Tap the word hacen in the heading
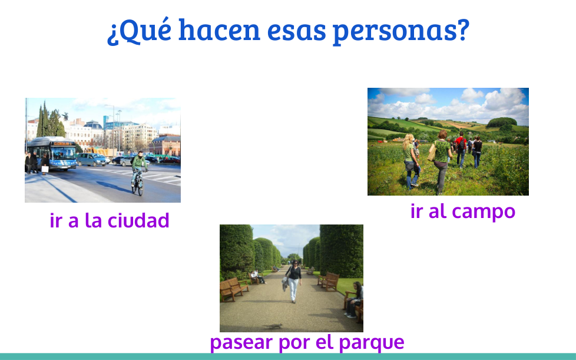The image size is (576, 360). pyautogui.click(x=219, y=29)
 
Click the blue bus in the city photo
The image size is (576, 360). pyautogui.click(x=52, y=153)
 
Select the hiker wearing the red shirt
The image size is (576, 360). pyautogui.click(x=461, y=150)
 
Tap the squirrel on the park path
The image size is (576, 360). pyautogui.click(x=273, y=326)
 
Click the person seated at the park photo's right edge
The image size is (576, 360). pyautogui.click(x=354, y=299)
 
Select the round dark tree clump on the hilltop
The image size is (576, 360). pyautogui.click(x=501, y=123)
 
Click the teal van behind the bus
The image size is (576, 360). pyautogui.click(x=91, y=160)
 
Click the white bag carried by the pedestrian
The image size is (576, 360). pyautogui.click(x=45, y=169)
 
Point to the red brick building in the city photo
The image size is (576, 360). pyautogui.click(x=165, y=146)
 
